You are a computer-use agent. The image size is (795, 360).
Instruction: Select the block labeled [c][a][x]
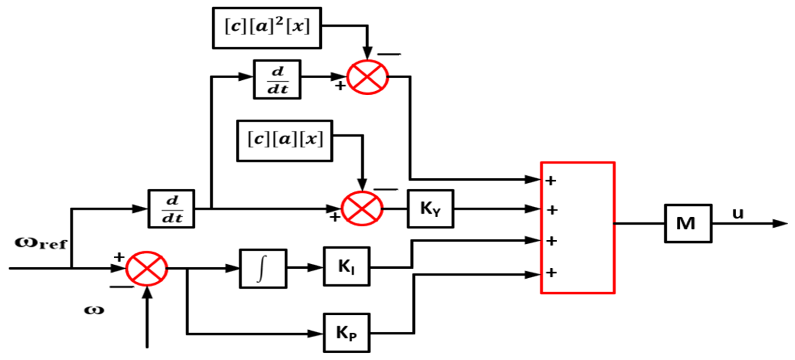pos(285,141)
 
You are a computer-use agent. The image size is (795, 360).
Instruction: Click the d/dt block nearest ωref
pos(172,209)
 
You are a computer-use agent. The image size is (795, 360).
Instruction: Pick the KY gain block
pos(430,209)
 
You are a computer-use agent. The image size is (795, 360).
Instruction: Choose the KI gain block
pos(347,266)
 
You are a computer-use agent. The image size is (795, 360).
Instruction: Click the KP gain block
pos(347,333)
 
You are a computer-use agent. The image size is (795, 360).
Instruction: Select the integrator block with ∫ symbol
pos(263,269)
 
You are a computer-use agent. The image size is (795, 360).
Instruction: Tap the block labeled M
pos(688,223)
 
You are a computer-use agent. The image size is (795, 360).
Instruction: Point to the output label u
pos(738,213)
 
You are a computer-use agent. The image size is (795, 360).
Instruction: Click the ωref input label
pos(41,244)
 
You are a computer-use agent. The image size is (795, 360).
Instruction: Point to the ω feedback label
pos(94,310)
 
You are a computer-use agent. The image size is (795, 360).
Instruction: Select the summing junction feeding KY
pos(362,208)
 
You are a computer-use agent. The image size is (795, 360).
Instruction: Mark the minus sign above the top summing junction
pos(389,54)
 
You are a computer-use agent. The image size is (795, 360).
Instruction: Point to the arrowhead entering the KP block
pos(316,333)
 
